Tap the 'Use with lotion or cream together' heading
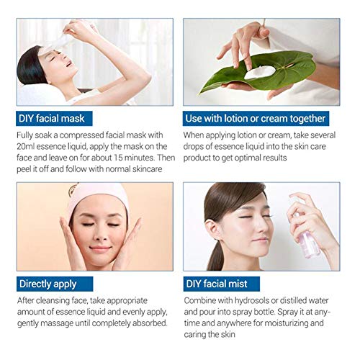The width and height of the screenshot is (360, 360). (256, 118)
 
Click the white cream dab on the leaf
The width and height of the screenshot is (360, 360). (255, 73)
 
